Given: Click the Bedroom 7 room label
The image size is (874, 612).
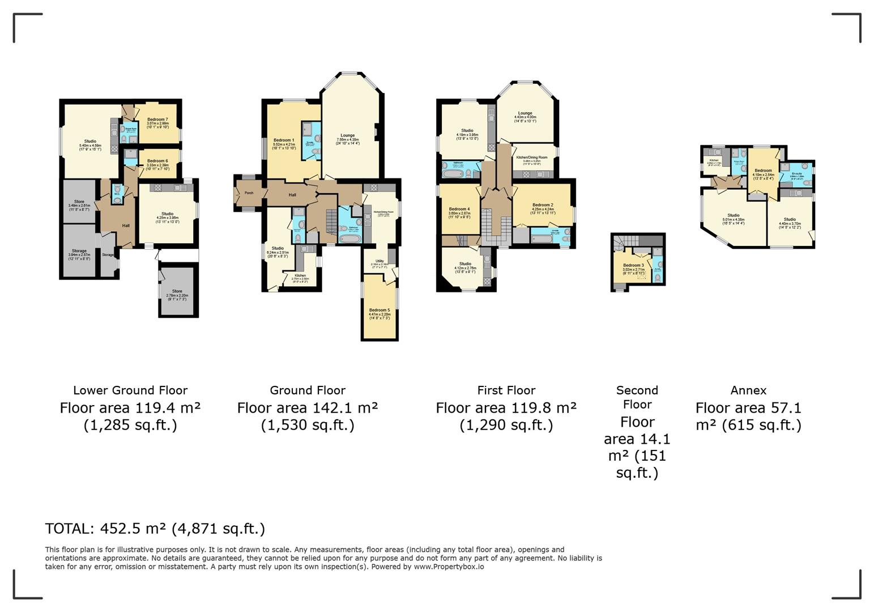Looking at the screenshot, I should [157, 120].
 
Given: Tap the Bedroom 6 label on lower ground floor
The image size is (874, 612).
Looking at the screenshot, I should [157, 161].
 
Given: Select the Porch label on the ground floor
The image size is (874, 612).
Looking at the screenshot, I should [249, 193].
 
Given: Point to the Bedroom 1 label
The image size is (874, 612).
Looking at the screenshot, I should [284, 140].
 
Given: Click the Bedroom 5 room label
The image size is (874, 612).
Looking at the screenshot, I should [380, 310].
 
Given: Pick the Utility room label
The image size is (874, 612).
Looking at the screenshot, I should [380, 261].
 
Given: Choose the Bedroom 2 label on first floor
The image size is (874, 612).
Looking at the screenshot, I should [542, 205].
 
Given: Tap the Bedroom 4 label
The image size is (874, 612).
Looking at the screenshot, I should [459, 209].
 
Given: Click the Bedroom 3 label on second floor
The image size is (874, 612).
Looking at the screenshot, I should [633, 265].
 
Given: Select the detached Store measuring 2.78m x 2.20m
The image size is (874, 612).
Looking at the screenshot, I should [177, 291].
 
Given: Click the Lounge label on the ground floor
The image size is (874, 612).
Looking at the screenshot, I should [348, 135].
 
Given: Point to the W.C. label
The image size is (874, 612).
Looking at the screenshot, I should [117, 194].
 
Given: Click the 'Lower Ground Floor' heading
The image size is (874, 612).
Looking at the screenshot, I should [130, 390].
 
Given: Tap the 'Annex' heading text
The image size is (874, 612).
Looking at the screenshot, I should [748, 390].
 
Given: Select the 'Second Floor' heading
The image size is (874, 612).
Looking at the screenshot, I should [637, 397].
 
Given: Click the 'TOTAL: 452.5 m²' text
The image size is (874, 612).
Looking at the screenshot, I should [155, 529].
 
